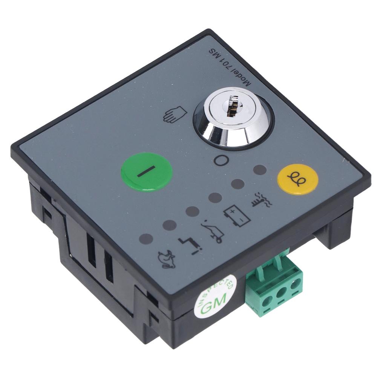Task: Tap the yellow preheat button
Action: pos(298,179)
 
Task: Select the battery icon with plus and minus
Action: pos(237,217)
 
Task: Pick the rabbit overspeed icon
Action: pos(166,259)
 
